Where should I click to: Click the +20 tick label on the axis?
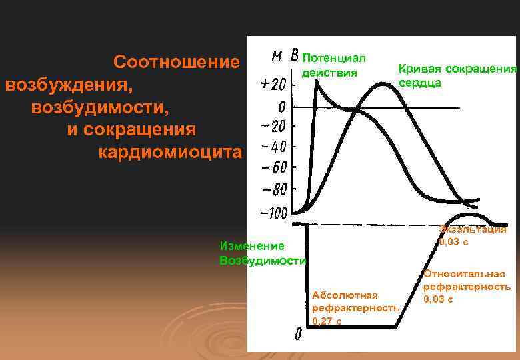(x=274, y=85)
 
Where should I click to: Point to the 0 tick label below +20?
(x=282, y=107)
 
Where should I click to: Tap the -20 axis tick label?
(x=273, y=127)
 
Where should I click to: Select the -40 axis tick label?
(x=273, y=147)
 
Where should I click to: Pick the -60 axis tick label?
(x=273, y=167)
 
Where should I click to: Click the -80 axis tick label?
(x=273, y=189)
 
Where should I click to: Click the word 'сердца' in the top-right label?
(x=419, y=83)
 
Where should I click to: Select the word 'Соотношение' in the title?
(x=176, y=62)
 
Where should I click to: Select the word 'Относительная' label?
(x=464, y=273)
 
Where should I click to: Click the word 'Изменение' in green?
(x=251, y=246)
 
